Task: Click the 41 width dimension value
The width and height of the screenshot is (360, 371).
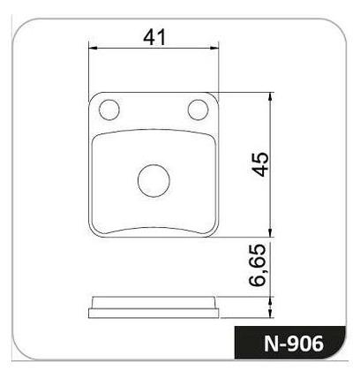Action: [x=154, y=37]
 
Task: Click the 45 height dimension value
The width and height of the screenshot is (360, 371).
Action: [x=259, y=164]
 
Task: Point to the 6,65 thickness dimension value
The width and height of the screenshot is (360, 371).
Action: [x=258, y=265]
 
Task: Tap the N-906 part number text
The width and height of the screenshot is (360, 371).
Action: [x=294, y=344]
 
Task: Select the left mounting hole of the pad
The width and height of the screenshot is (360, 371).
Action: [x=109, y=110]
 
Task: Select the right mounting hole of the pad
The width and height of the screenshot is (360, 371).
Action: [x=198, y=110]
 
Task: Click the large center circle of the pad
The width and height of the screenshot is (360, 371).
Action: [x=154, y=180]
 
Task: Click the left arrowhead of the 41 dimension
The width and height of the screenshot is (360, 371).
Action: [x=93, y=48]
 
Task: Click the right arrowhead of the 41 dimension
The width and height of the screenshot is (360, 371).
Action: [x=214, y=48]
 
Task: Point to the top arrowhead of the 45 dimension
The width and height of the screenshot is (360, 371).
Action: [x=271, y=97]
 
